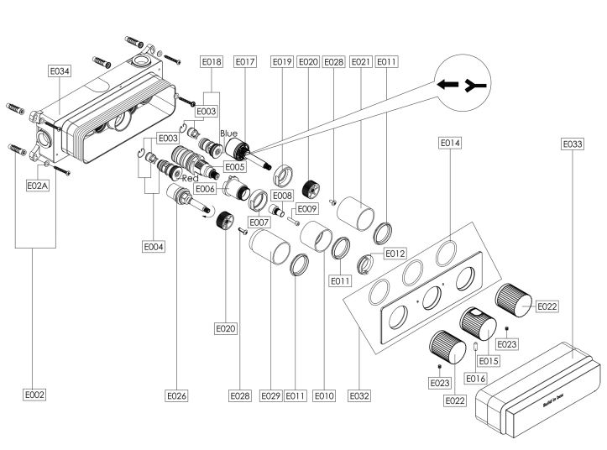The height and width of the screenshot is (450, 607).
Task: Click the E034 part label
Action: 60,72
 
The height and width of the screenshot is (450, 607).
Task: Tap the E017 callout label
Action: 245,61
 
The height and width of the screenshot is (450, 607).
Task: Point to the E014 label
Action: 450,144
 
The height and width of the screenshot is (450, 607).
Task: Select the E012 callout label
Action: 395,253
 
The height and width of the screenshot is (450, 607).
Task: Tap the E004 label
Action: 153,247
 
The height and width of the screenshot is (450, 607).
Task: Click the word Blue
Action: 229,133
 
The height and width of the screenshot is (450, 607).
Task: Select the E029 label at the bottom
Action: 270,394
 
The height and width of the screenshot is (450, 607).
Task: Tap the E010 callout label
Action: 323,394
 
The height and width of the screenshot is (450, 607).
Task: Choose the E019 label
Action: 282,61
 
